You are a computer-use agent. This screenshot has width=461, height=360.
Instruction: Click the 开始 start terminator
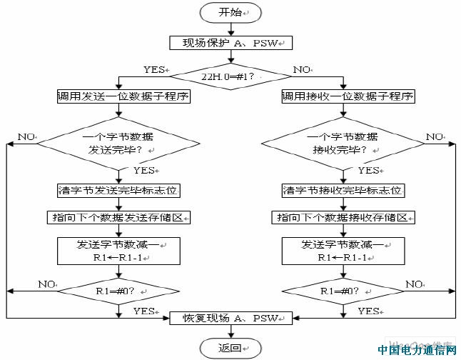click(x=230, y=13)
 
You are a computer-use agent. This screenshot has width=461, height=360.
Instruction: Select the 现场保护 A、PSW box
click(x=230, y=43)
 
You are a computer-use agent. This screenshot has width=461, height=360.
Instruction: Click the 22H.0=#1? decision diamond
click(x=230, y=74)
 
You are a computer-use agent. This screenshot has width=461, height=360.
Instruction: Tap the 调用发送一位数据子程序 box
click(x=124, y=96)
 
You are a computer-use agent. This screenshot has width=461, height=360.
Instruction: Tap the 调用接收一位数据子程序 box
click(x=348, y=96)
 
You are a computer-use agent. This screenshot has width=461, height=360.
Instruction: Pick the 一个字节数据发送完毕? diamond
click(x=118, y=144)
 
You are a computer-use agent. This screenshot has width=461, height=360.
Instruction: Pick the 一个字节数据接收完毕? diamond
click(x=343, y=144)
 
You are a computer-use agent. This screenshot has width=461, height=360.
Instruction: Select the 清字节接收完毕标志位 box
click(x=343, y=191)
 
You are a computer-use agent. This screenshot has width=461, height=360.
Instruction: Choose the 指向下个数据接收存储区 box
click(x=343, y=217)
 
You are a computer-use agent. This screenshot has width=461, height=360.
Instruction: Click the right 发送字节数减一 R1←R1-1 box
click(x=343, y=251)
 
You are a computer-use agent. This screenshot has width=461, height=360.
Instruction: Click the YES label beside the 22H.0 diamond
click(x=155, y=69)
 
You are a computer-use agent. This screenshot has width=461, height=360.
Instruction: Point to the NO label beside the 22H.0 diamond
click(x=302, y=69)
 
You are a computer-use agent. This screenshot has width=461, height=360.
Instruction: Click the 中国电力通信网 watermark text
click(x=417, y=350)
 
